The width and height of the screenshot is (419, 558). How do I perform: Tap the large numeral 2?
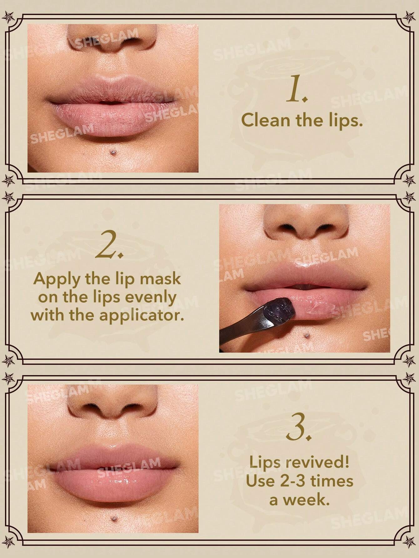(109, 244)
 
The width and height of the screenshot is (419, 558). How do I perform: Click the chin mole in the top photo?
(113, 152)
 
